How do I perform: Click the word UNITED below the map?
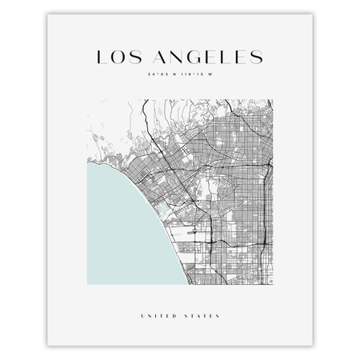click(158, 314)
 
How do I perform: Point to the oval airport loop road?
click(191, 237)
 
